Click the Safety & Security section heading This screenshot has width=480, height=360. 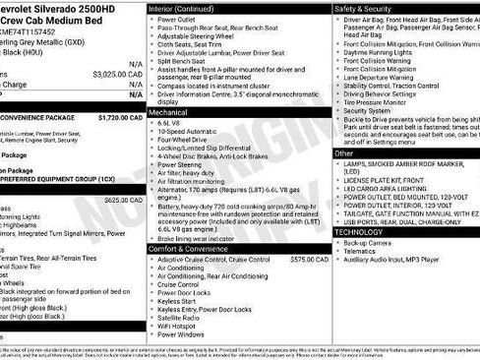(365, 8)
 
